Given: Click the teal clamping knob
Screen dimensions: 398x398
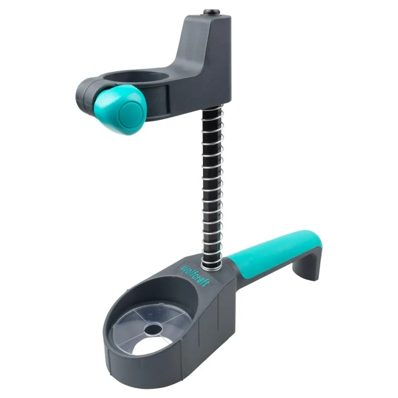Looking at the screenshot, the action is pos(120,109).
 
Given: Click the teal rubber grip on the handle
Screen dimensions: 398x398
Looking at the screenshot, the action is pos(274,252).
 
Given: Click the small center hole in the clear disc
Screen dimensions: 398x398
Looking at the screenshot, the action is pos(153,329).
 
